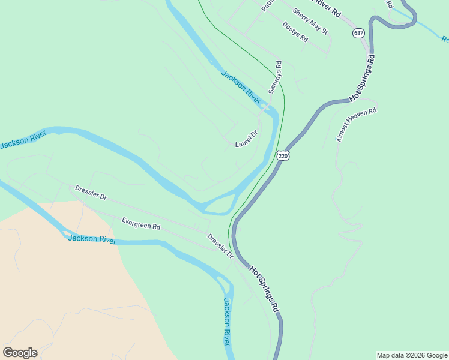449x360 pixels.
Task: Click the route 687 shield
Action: click(358, 33)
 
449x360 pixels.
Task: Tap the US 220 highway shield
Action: click(283, 155)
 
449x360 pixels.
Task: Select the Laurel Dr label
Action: click(246, 139)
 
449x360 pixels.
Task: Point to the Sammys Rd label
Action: click(274, 76)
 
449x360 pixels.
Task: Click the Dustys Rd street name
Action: click(295, 32)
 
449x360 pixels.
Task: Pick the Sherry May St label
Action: click(310, 20)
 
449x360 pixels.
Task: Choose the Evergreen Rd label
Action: click(141, 224)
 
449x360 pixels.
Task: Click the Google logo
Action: click(20, 353)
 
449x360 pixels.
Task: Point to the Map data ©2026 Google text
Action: click(412, 355)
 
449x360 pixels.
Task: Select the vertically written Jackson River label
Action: click(226, 322)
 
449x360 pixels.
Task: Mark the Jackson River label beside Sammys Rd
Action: click(241, 87)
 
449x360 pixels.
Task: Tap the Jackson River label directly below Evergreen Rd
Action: click(92, 239)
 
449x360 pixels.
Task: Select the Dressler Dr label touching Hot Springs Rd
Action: click(220, 246)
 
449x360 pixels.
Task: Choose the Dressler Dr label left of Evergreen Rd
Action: click(91, 192)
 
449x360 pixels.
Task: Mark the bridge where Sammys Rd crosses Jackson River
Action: click(265, 107)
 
